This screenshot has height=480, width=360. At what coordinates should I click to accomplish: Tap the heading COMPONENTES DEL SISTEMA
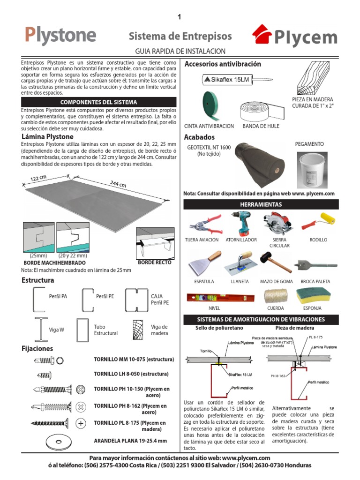click(99, 102)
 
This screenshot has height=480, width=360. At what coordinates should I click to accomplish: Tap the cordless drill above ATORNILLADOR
click(241, 224)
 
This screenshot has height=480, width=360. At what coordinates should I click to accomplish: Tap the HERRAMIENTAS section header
click(261, 204)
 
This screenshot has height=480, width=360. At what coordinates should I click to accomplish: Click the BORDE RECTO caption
click(155, 263)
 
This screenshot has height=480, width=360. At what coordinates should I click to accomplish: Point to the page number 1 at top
click(179, 17)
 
